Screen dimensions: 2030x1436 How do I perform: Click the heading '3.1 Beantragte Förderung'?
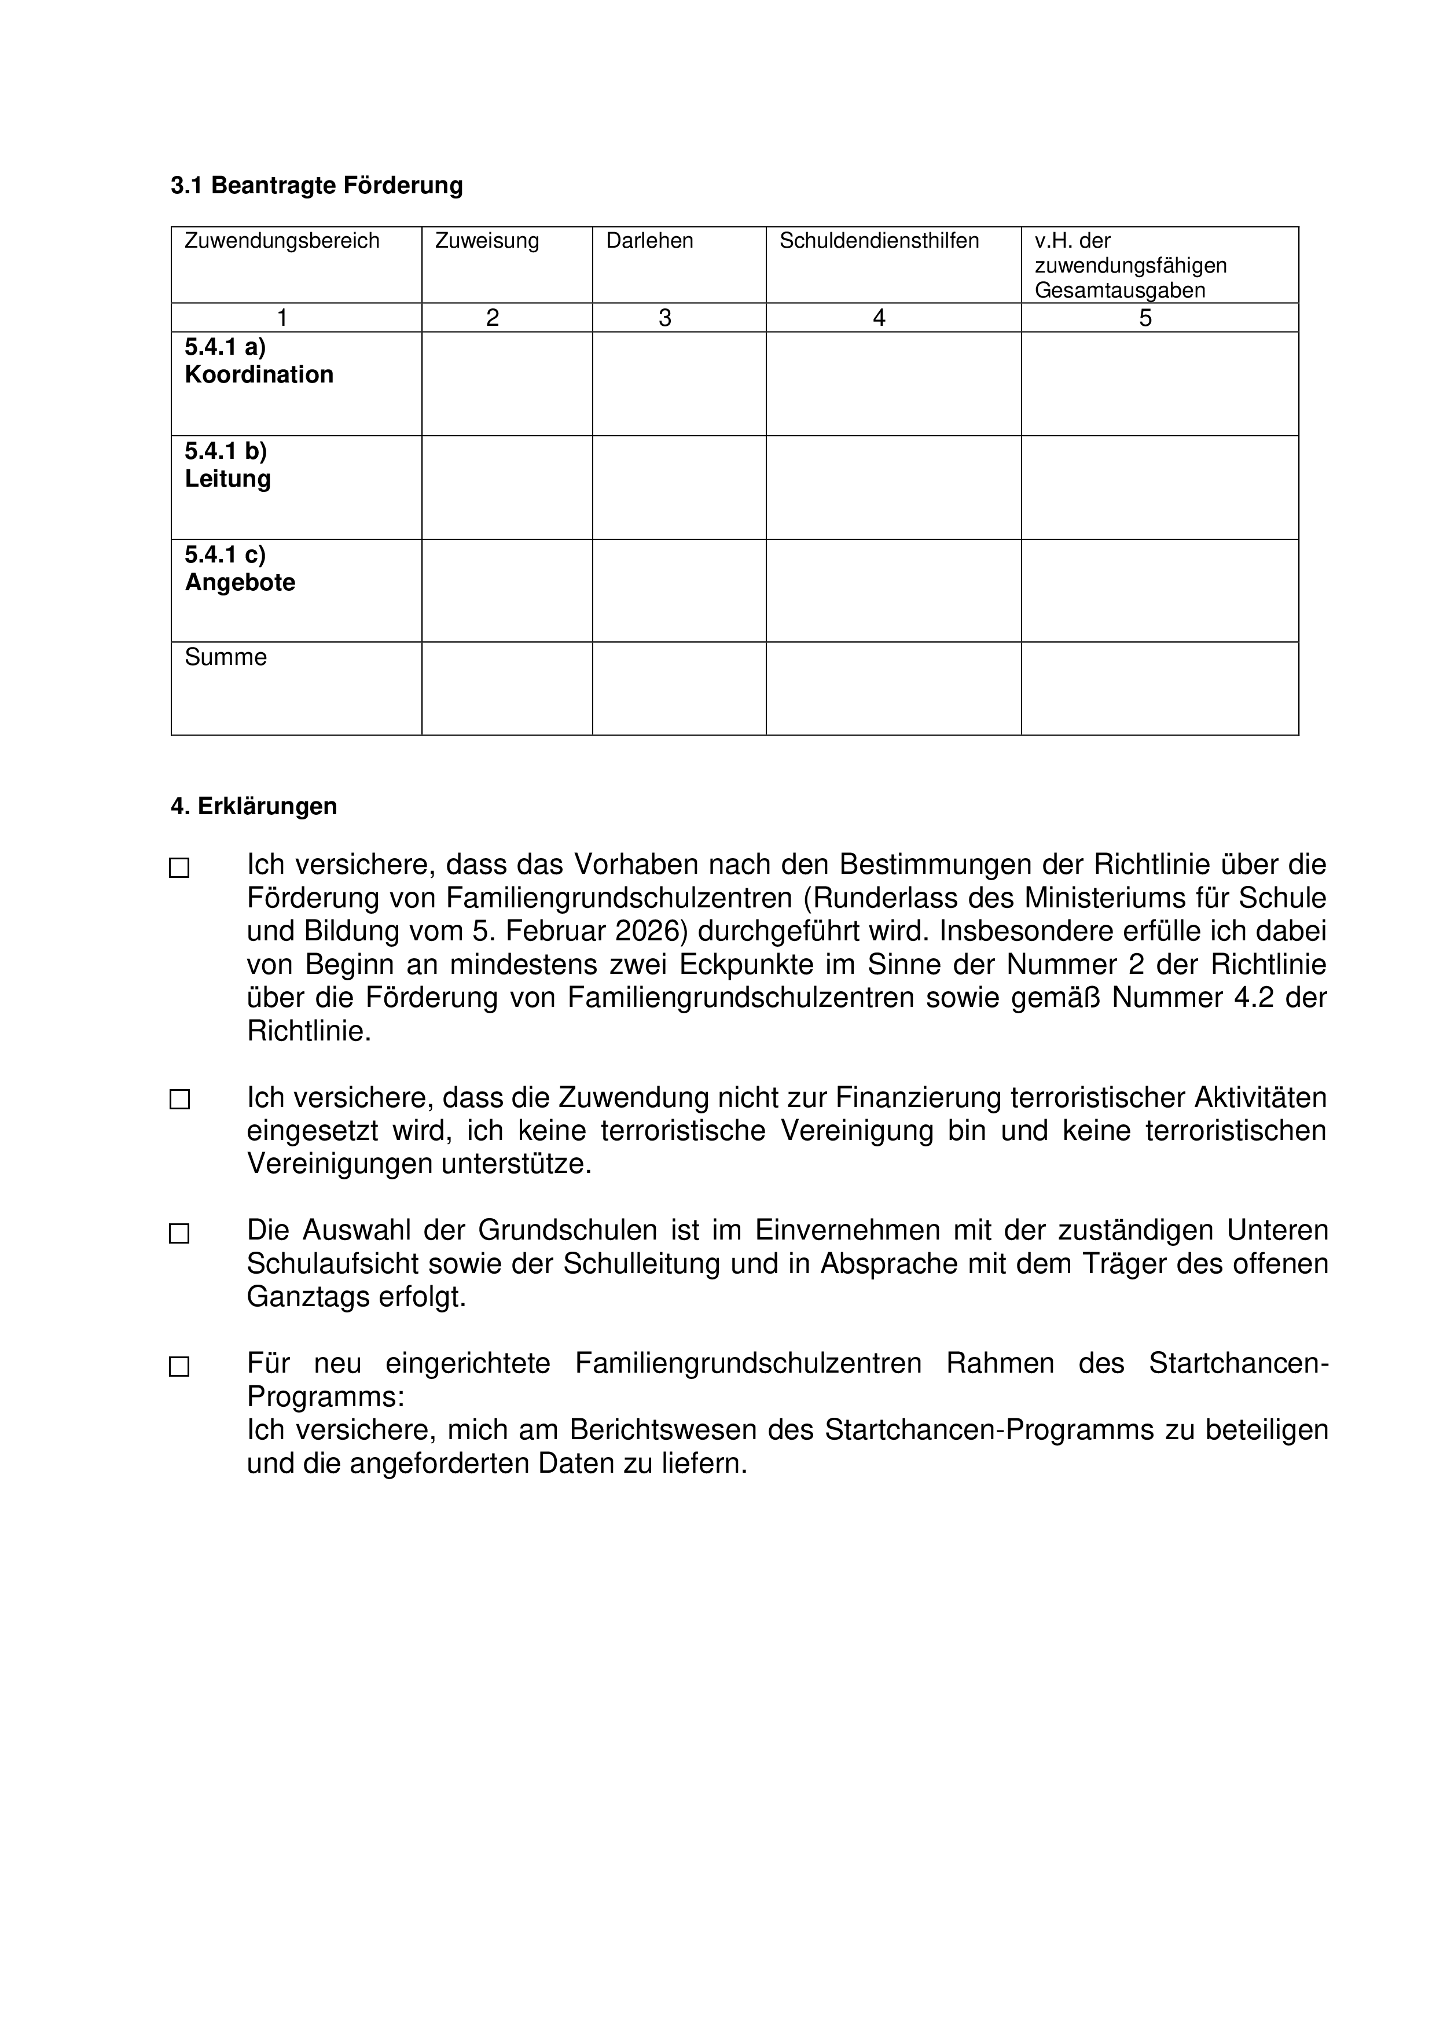pyautogui.click(x=317, y=186)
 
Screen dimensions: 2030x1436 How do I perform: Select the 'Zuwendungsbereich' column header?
pyautogui.click(x=281, y=241)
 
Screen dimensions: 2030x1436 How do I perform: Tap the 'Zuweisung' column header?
pyautogui.click(x=487, y=241)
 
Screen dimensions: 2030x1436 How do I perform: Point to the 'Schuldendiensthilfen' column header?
pyautogui.click(x=879, y=241)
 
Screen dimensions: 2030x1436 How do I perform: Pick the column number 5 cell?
pyautogui.click(x=1145, y=318)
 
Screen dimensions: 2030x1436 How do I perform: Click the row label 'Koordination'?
pyautogui.click(x=259, y=375)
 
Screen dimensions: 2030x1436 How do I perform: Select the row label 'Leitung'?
pyautogui.click(x=228, y=479)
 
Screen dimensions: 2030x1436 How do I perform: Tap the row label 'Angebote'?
pyautogui.click(x=240, y=583)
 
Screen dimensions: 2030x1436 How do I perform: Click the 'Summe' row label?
pyautogui.click(x=226, y=657)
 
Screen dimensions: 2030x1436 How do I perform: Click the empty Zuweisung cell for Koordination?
pyautogui.click(x=506, y=384)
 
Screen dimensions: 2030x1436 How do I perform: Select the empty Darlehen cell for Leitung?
pyautogui.click(x=679, y=487)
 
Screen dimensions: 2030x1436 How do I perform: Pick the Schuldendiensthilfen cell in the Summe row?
pyautogui.click(x=893, y=689)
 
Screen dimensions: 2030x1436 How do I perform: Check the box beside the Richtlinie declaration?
pyautogui.click(x=179, y=868)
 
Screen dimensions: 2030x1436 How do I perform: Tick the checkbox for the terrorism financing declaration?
pyautogui.click(x=179, y=1099)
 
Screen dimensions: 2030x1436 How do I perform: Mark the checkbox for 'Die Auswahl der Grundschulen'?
pyautogui.click(x=179, y=1233)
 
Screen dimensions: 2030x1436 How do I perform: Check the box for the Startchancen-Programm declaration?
pyautogui.click(x=179, y=1367)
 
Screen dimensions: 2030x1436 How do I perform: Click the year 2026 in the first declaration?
pyautogui.click(x=650, y=931)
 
